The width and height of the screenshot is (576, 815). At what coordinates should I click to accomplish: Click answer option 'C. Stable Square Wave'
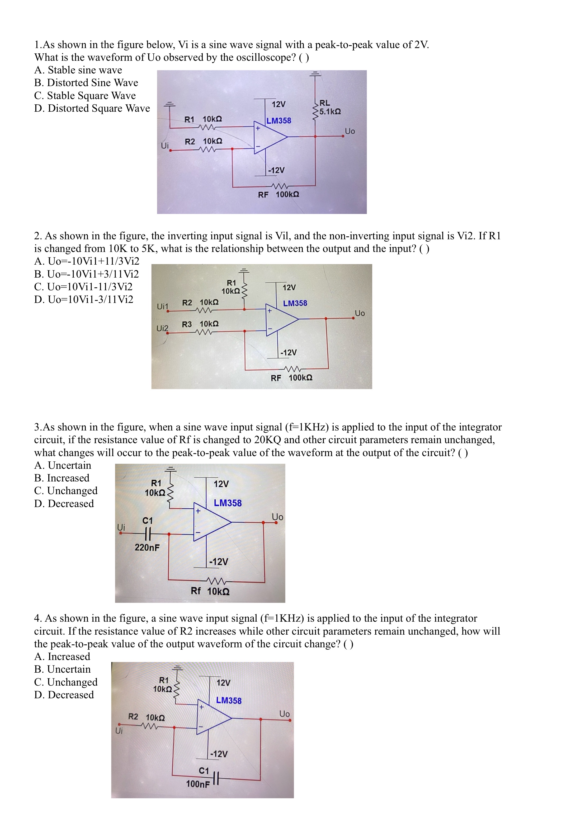tap(85, 96)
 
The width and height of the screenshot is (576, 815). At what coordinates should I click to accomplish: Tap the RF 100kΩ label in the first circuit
tap(278, 195)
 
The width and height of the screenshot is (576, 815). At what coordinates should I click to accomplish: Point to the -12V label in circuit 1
tap(276, 170)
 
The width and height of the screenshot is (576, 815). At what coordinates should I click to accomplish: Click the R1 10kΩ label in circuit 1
tap(203, 119)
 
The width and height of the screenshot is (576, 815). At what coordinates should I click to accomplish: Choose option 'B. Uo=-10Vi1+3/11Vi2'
tap(86, 274)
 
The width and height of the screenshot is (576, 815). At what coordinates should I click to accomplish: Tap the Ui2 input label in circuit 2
tap(162, 328)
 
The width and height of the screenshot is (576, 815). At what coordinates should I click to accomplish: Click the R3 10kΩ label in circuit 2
tap(200, 324)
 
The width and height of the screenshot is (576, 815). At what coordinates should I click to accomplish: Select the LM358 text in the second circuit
tap(295, 303)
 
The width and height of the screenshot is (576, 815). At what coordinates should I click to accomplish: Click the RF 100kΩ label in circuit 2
tap(291, 378)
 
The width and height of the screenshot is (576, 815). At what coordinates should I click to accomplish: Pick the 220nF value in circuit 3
tap(147, 547)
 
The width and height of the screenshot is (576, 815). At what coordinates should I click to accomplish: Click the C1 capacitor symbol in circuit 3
tap(148, 533)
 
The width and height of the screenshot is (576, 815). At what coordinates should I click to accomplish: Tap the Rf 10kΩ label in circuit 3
tap(210, 591)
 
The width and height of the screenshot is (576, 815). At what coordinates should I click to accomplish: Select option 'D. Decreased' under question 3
tap(64, 504)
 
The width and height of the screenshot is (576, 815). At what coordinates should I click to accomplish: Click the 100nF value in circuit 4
tap(198, 784)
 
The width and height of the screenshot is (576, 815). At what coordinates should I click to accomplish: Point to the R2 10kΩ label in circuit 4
tap(146, 717)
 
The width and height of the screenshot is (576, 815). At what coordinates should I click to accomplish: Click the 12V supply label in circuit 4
tap(223, 683)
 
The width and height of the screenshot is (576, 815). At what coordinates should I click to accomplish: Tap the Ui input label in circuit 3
tap(121, 527)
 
